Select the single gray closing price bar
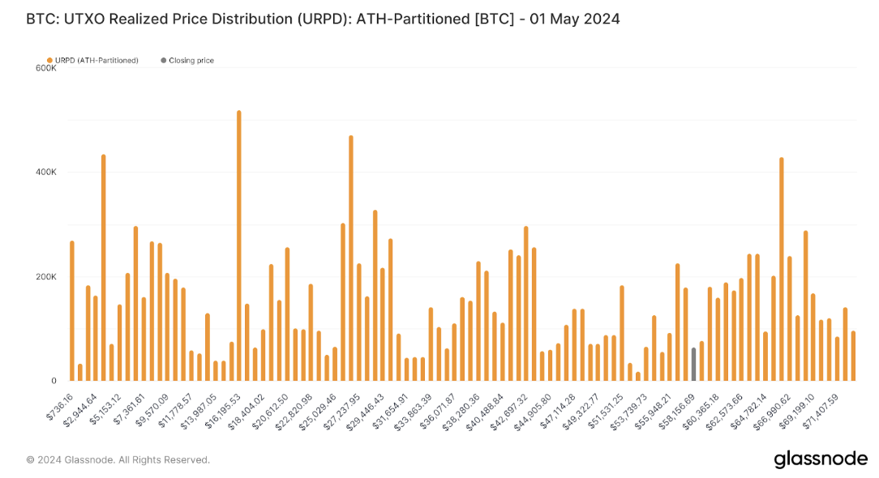click(693, 365)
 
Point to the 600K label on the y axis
click(46, 68)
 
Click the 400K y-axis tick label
click(46, 173)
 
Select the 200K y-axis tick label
click(46, 277)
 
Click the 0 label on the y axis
click(54, 381)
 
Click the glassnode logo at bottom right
click(820, 459)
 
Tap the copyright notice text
click(118, 460)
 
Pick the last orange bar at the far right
click(853, 356)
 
